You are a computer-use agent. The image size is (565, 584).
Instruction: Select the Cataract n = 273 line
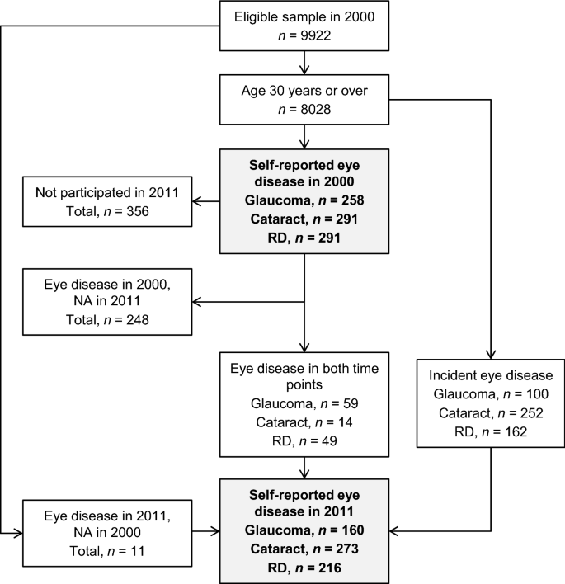[x=305, y=549]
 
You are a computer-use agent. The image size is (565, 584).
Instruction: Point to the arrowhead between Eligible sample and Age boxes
[x=305, y=69]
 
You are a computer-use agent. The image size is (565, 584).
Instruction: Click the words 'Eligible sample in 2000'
[x=305, y=17]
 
